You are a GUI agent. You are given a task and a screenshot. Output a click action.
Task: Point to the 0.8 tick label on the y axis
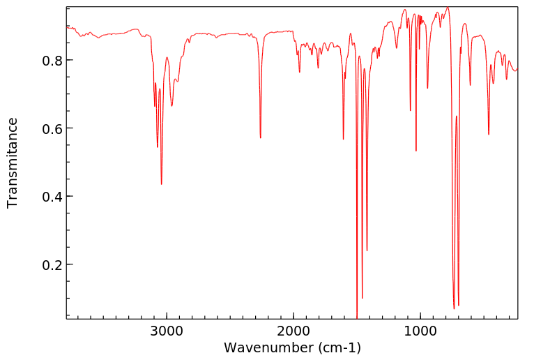[53, 60]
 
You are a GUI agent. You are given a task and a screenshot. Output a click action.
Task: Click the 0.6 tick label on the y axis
[53, 128]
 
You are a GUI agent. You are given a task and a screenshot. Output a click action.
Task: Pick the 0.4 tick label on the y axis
[53, 197]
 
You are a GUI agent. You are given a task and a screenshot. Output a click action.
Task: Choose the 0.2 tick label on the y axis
[53, 265]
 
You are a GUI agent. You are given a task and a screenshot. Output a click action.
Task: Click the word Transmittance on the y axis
[13, 163]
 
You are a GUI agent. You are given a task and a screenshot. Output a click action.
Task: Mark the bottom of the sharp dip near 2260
[261, 137]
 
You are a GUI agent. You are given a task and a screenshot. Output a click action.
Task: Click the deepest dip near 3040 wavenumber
[162, 183]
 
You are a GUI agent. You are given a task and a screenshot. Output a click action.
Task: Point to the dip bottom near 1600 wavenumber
[344, 139]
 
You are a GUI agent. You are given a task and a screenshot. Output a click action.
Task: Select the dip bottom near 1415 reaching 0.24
[367, 250]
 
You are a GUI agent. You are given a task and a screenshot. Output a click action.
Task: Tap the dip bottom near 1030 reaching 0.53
[416, 151]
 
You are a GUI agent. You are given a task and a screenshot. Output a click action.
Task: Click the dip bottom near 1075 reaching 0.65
[411, 110]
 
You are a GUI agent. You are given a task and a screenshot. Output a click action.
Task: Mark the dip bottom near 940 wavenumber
[427, 88]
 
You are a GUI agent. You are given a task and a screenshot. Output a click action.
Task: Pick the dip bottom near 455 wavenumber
[489, 134]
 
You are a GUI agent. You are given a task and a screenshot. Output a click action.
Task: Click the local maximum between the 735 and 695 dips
[457, 117]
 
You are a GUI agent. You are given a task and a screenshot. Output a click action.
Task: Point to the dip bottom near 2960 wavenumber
[171, 106]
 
